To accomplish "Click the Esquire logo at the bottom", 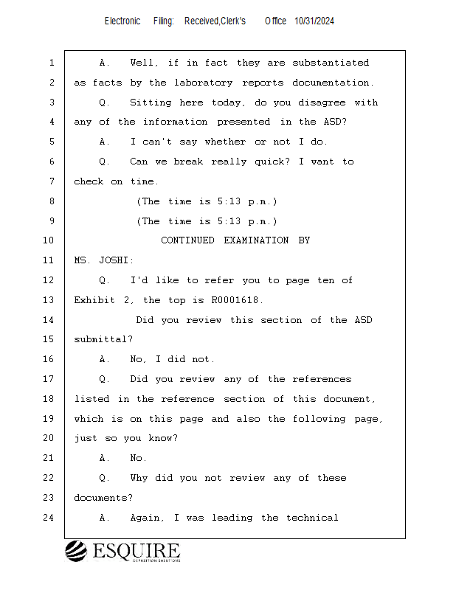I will (x=122, y=552).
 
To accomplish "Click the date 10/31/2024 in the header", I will (x=314, y=21).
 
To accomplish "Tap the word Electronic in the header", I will (x=122, y=21).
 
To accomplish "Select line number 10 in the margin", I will (x=49, y=240).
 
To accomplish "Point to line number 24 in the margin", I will (x=49, y=518).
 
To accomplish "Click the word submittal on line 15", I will (x=102, y=339).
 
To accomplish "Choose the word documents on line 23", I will (x=102, y=498).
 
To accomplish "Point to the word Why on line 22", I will (x=139, y=478).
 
